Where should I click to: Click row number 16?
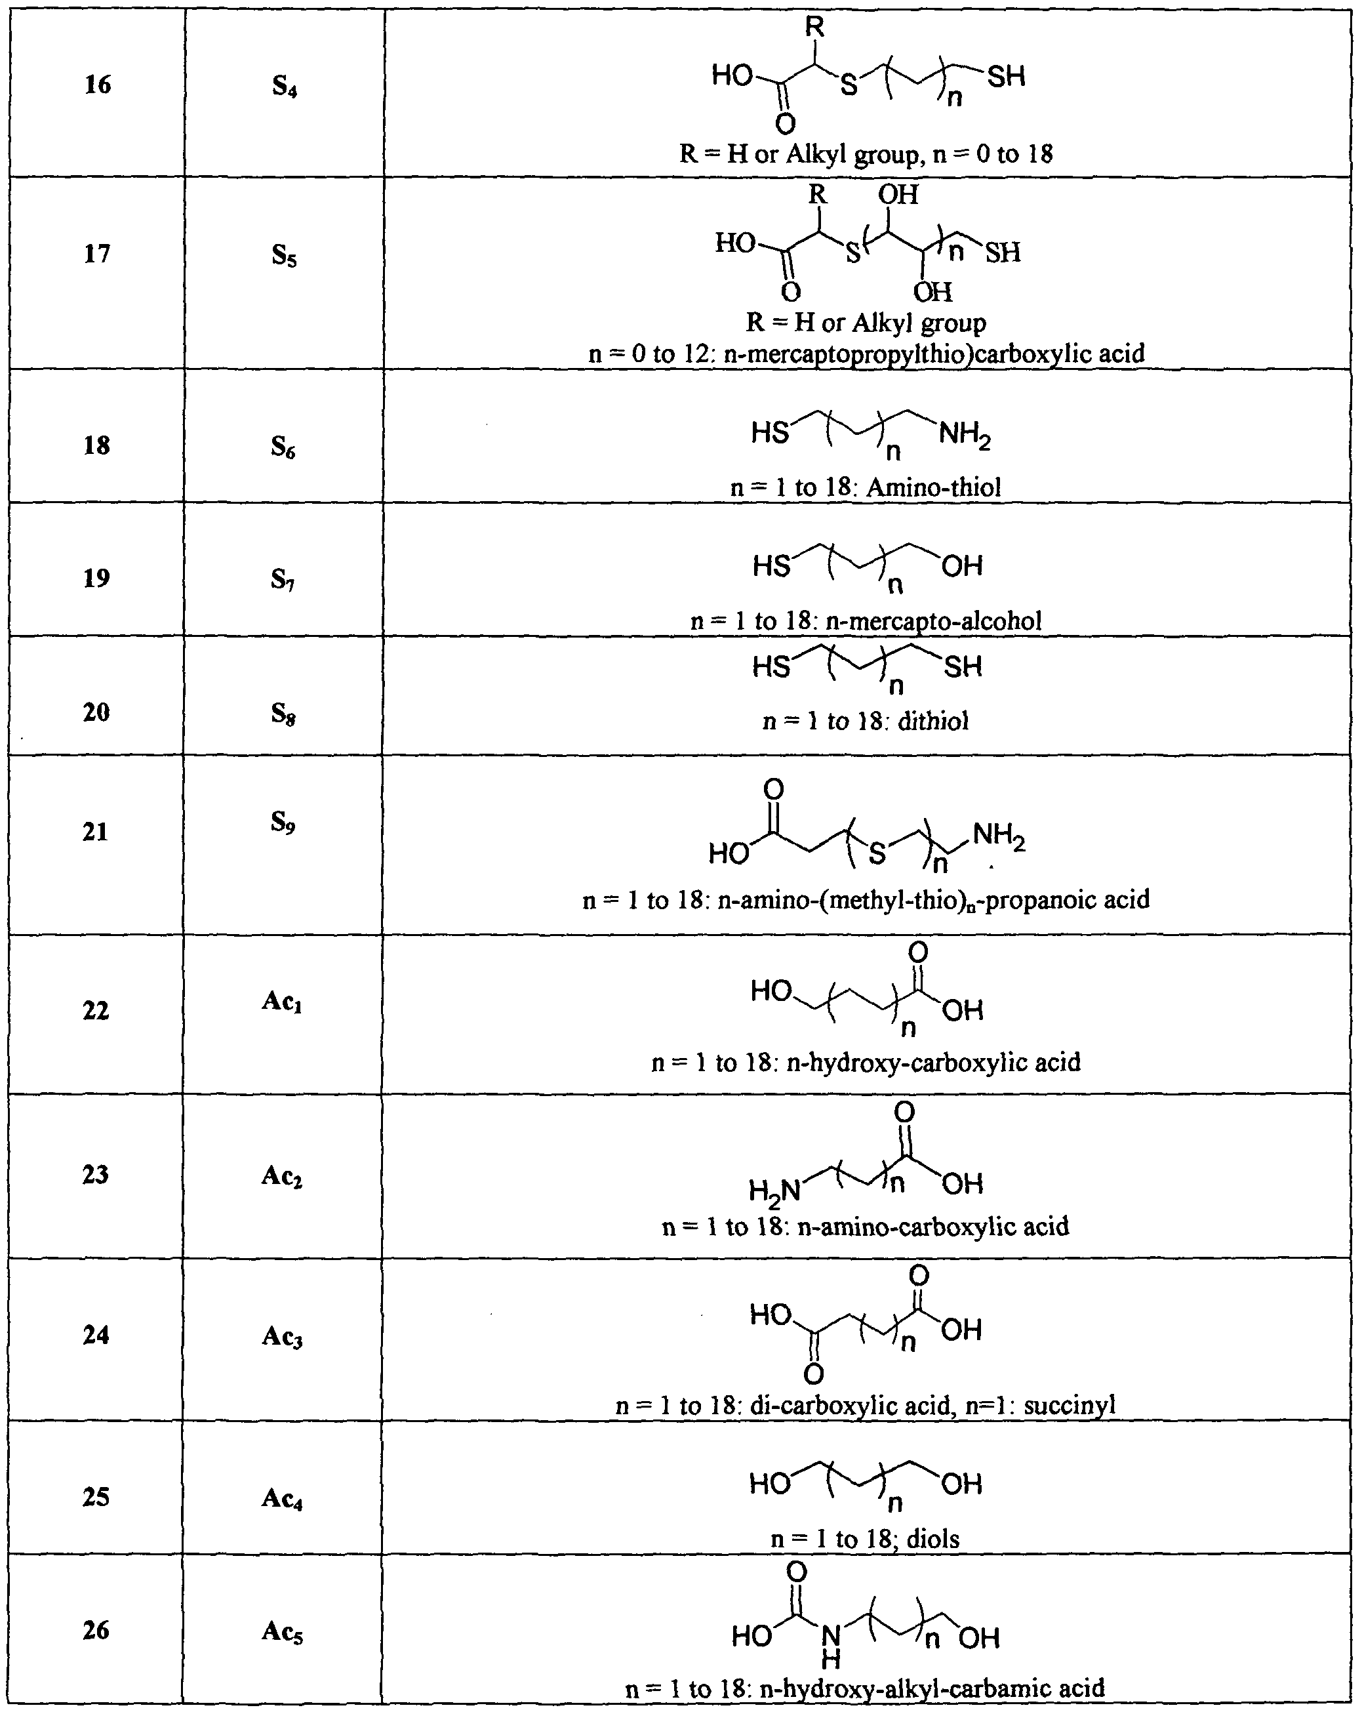click(98, 84)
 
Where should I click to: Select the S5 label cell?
click(284, 255)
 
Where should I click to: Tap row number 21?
click(95, 832)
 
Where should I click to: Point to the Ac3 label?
click(282, 1336)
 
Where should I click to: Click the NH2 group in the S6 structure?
click(965, 436)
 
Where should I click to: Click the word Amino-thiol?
click(933, 487)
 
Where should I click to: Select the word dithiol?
click(933, 721)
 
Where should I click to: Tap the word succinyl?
click(1070, 1405)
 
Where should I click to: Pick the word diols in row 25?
click(933, 1538)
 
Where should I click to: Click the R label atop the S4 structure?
click(814, 27)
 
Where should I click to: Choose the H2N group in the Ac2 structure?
click(774, 1190)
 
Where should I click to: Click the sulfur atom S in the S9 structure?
click(877, 853)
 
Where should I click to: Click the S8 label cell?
click(284, 713)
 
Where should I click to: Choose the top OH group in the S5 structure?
click(898, 195)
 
